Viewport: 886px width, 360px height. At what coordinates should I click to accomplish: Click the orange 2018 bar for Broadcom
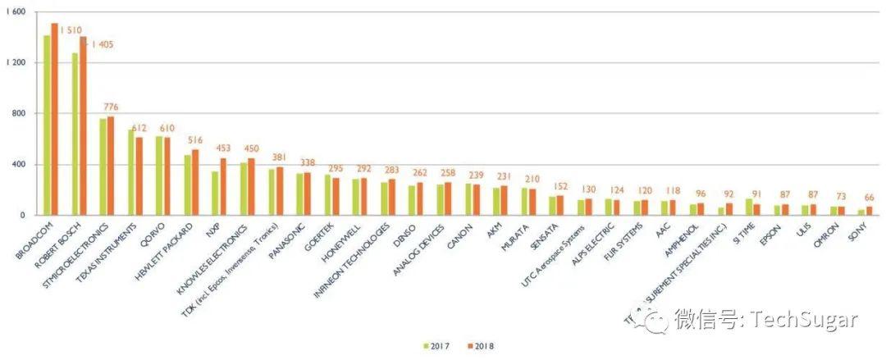tap(54, 119)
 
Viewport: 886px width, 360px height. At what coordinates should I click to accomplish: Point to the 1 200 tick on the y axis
tap(16, 62)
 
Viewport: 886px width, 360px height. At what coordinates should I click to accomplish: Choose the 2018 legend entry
tap(479, 345)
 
